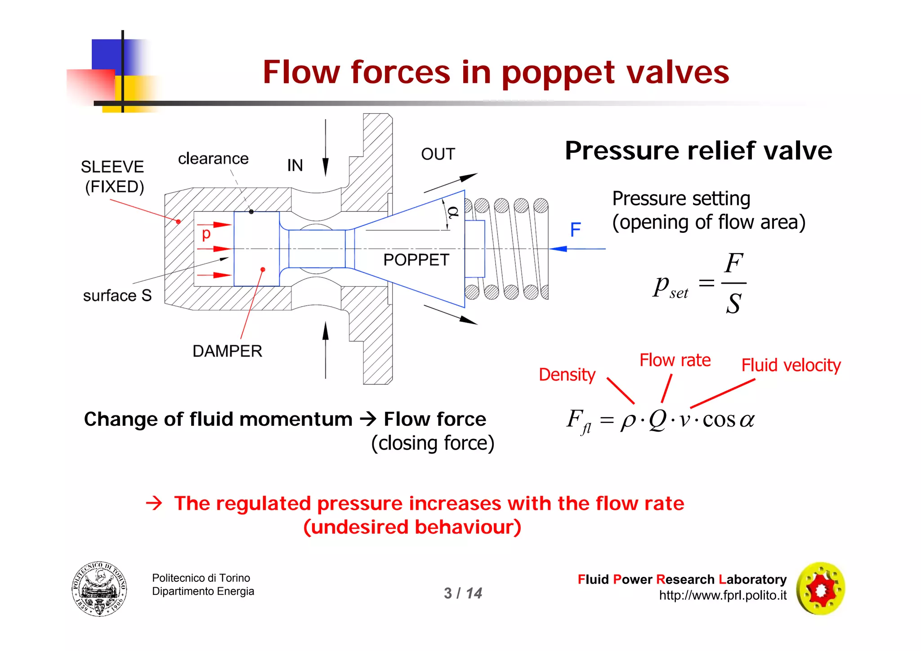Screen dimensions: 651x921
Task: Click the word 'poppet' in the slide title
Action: pyautogui.click(x=558, y=73)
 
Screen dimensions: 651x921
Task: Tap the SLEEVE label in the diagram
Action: pyautogui.click(x=112, y=167)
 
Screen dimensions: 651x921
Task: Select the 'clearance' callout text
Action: pyautogui.click(x=213, y=158)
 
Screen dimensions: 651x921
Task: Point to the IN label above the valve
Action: pyautogui.click(x=295, y=165)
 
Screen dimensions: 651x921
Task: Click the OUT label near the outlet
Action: pyautogui.click(x=438, y=154)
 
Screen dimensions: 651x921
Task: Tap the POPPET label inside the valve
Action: pyautogui.click(x=416, y=260)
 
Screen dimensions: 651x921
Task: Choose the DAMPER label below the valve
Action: pyautogui.click(x=227, y=351)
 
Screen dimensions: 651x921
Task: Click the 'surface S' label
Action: pyautogui.click(x=117, y=295)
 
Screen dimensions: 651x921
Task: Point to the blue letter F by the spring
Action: pyautogui.click(x=575, y=230)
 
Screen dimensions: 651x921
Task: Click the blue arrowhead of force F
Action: pyautogui.click(x=558, y=249)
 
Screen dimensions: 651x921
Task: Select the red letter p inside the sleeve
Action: pyautogui.click(x=206, y=234)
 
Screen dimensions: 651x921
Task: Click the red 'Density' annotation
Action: pyautogui.click(x=567, y=375)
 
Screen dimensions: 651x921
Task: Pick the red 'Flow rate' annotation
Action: pyautogui.click(x=675, y=360)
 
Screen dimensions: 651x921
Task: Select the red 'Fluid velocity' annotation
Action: pyautogui.click(x=791, y=365)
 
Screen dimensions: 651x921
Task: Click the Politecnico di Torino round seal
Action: pyautogui.click(x=99, y=589)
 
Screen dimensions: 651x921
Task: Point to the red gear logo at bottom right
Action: pyautogui.click(x=821, y=589)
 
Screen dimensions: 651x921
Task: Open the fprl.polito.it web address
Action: pyautogui.click(x=723, y=595)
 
